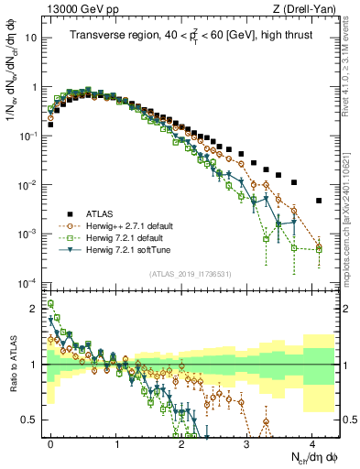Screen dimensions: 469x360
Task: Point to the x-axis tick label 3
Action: tap(247, 442)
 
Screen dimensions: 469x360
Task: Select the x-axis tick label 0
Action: tap(51, 442)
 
